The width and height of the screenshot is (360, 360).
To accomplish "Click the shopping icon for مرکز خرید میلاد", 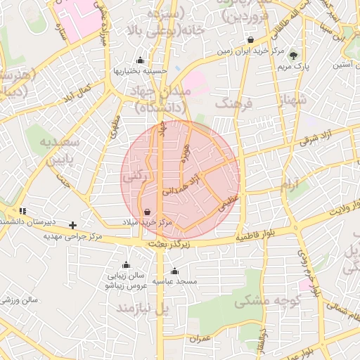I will pos(147,212).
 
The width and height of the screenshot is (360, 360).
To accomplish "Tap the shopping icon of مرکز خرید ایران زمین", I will pos(251,40).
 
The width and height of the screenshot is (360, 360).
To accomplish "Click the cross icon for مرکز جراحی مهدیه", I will pos(73,225).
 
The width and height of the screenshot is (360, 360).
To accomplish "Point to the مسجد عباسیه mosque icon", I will pos(174,271).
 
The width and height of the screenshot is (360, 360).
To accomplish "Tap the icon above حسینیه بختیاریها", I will pos(141,60).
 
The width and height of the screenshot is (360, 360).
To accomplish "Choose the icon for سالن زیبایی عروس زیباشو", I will pos(126,265).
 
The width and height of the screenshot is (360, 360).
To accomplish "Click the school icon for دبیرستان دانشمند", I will pos(22,210).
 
